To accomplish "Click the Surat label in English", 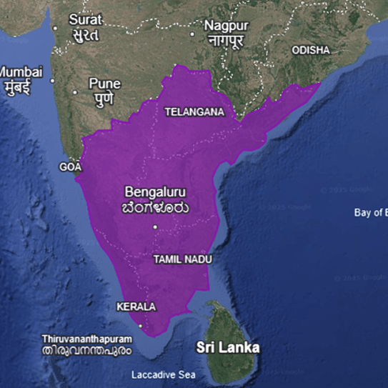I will click(x=84, y=20).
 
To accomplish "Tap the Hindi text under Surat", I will click(x=84, y=34).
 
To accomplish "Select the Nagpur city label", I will click(x=227, y=25).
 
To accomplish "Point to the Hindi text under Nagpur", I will click(x=227, y=40).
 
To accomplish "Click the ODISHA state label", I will click(x=311, y=50).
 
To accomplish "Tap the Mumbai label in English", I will click(x=21, y=72).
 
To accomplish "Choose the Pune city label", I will click(x=104, y=84).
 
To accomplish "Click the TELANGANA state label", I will click(x=194, y=112).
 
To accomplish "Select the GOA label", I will click(x=71, y=166).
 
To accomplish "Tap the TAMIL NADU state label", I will click(x=183, y=260).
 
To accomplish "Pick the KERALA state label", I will click(x=136, y=307).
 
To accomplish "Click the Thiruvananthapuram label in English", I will click(x=87, y=338).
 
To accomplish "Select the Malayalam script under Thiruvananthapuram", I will click(x=87, y=352).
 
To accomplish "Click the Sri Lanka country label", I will click(x=228, y=348).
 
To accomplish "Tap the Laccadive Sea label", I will click(x=164, y=374).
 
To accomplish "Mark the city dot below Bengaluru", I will click(x=155, y=227).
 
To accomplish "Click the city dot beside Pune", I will click(x=75, y=92).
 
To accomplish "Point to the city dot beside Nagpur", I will click(x=191, y=34).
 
